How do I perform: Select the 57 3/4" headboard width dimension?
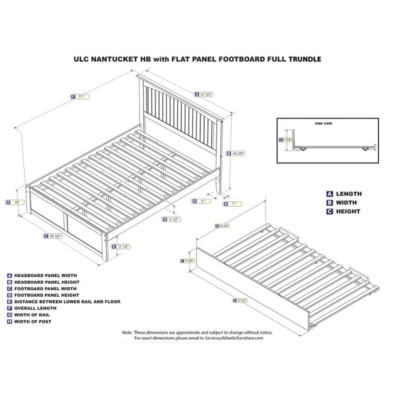[x=204, y=94]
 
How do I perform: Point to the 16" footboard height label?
[x=14, y=202]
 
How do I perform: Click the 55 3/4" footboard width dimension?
[x=54, y=236]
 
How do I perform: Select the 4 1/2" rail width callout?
[x=171, y=219]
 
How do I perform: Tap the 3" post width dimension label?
[x=201, y=201]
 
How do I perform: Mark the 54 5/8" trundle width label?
[x=222, y=226]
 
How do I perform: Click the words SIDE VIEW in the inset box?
[x=323, y=124]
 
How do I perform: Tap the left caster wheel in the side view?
[x=303, y=149]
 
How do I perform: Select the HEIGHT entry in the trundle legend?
[x=348, y=211]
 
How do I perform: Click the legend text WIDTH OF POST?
[x=32, y=322]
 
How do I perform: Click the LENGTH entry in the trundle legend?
[x=348, y=194]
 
